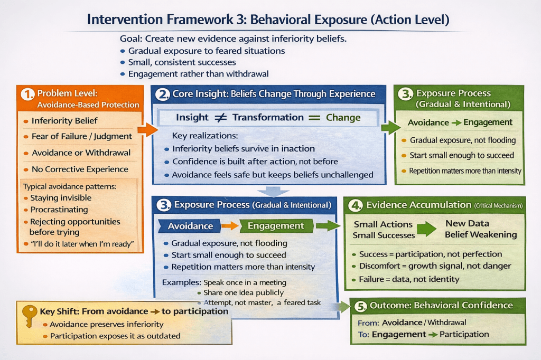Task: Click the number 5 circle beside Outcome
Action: click(360, 306)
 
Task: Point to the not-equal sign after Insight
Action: click(217, 118)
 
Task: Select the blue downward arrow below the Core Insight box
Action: click(272, 191)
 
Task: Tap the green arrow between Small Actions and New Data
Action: click(426, 229)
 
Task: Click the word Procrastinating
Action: click(59, 210)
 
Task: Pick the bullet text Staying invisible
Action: click(61, 198)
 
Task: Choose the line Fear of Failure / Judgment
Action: click(82, 136)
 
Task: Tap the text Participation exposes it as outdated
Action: click(115, 336)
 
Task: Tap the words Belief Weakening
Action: click(481, 234)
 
